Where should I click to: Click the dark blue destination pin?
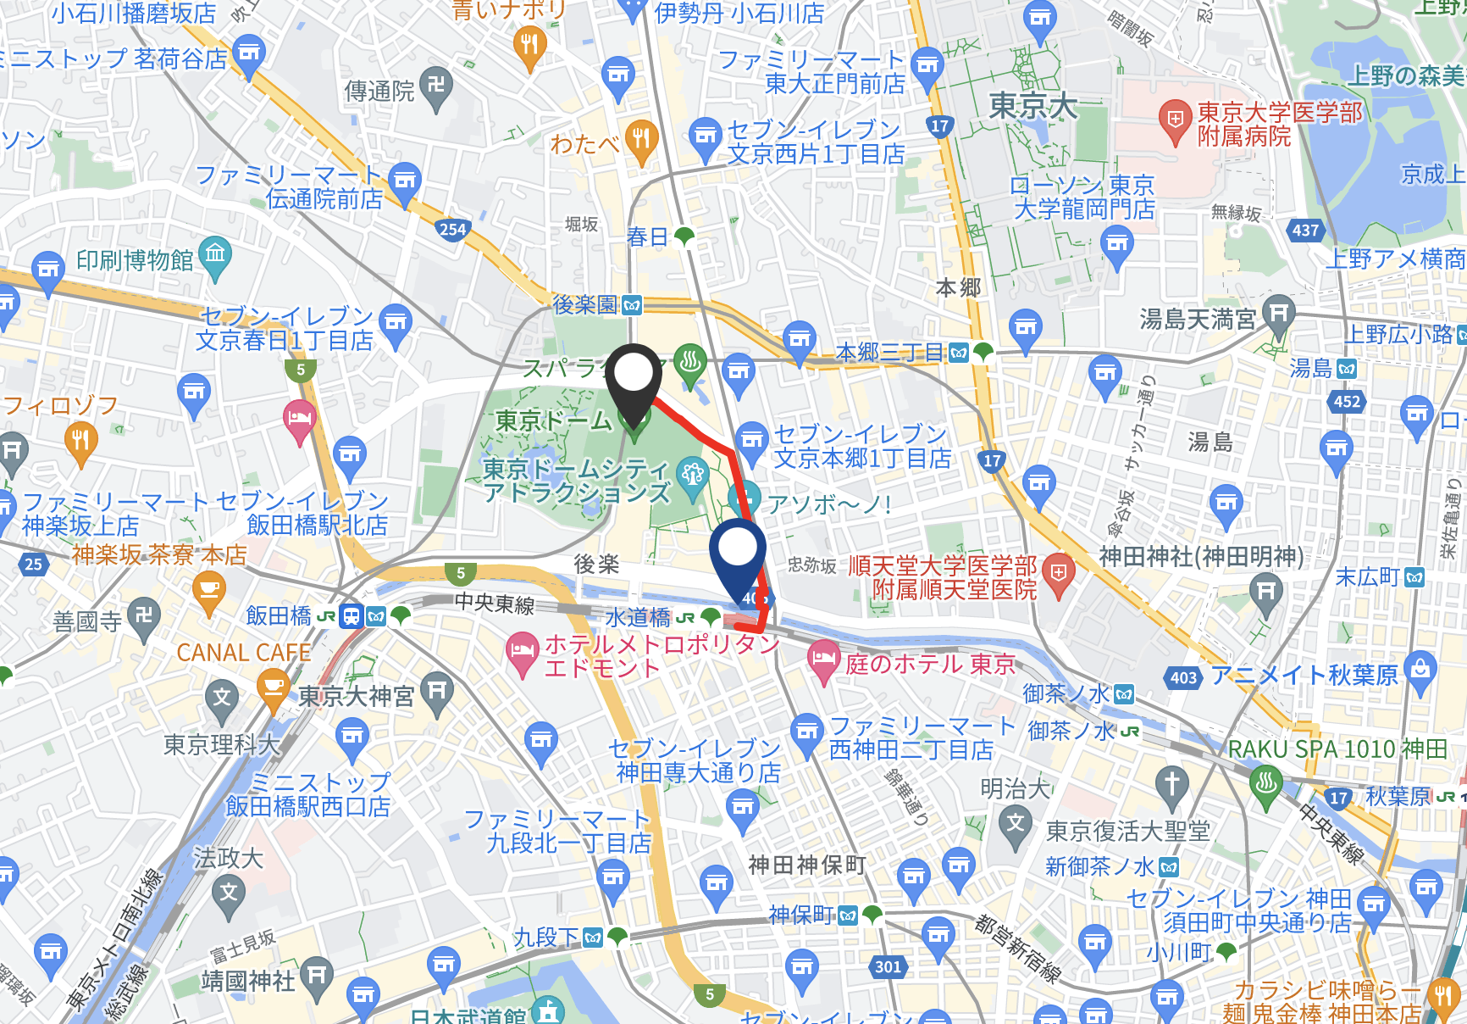point(738,551)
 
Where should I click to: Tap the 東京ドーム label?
point(553,420)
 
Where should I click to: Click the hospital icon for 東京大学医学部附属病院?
point(1175,120)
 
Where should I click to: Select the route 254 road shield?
point(452,229)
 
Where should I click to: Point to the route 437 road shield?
point(1305,230)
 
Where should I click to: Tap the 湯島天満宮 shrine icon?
point(1278,314)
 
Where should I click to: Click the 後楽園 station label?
point(584,304)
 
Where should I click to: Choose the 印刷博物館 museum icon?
point(215,254)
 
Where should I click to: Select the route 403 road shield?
point(1183,677)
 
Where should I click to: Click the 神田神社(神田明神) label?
point(1201,556)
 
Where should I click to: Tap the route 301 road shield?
point(888,966)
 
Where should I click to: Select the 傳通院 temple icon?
point(436,86)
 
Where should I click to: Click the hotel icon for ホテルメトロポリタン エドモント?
point(522,652)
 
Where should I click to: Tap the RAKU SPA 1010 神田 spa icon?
point(1265,782)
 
